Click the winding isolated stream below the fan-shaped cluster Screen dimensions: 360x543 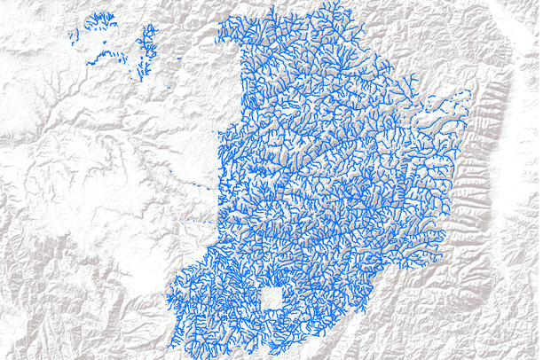[110, 56]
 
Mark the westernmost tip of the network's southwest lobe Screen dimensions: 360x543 [169, 297]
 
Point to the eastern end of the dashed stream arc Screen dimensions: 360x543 [468, 93]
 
